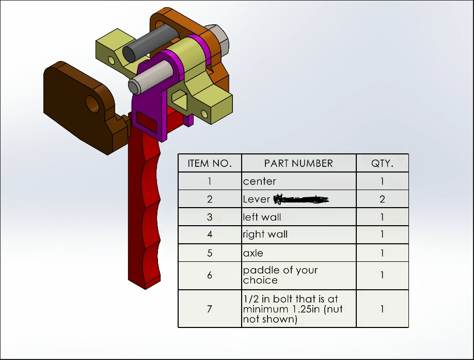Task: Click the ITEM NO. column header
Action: [x=210, y=163]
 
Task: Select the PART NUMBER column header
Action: [x=298, y=163]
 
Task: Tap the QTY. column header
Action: [x=382, y=163]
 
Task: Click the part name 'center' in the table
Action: [x=260, y=181]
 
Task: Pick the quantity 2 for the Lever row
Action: [x=382, y=199]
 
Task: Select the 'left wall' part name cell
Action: [x=262, y=217]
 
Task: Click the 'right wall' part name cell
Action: [x=265, y=234]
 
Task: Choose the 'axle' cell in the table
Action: [x=253, y=253]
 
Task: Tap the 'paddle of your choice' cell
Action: [x=280, y=275]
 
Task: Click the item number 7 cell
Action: [x=210, y=309]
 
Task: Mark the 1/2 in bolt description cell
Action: [x=293, y=309]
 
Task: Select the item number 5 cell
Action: [x=210, y=253]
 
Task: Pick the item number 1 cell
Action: [x=210, y=181]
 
